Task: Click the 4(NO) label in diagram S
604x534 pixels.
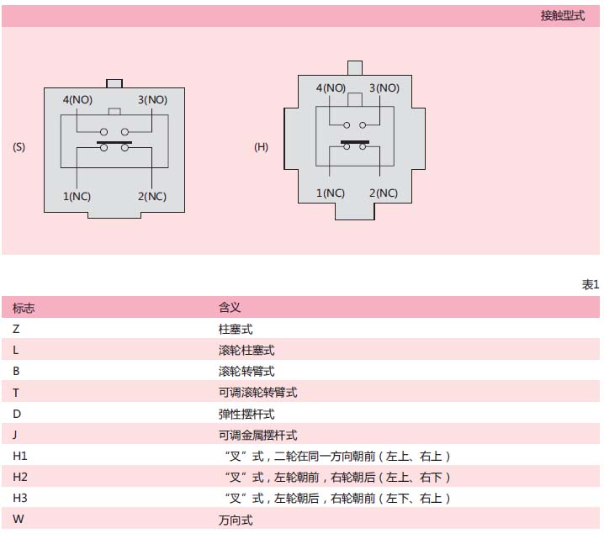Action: click(77, 100)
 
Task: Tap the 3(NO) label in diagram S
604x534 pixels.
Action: click(152, 100)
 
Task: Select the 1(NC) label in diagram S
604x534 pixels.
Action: click(77, 197)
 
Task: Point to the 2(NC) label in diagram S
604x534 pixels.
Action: click(152, 197)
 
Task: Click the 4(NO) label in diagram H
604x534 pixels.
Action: click(331, 87)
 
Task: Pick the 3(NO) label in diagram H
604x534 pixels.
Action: click(384, 87)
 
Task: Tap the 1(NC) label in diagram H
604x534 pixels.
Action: click(331, 193)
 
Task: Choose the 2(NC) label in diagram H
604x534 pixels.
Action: click(384, 193)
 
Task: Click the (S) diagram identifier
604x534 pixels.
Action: click(19, 146)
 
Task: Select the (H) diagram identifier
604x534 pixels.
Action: click(261, 146)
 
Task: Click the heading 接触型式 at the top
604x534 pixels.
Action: click(562, 16)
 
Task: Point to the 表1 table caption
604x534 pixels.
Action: click(591, 285)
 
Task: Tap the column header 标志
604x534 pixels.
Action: click(24, 308)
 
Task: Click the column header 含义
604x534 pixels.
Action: click(230, 308)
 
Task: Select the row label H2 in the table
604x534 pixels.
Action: click(20, 477)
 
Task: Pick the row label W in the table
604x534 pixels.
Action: click(19, 519)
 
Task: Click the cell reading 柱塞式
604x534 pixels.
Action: click(236, 329)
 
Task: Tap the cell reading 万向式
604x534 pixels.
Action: click(236, 519)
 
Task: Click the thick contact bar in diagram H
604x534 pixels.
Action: click(355, 140)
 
